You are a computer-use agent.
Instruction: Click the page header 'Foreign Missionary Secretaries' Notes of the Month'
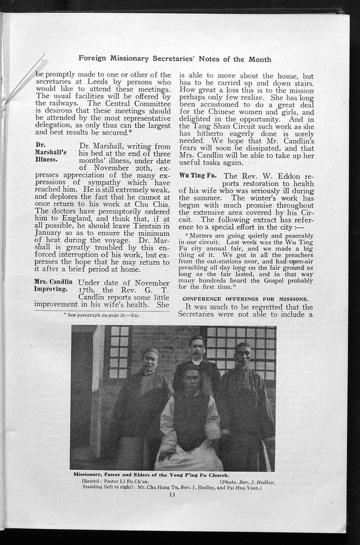(x=175, y=59)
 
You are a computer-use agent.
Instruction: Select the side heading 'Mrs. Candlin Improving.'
(x=53, y=285)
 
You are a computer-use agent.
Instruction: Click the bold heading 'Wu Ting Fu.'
(x=198, y=175)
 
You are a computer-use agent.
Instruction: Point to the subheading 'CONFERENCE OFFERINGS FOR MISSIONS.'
(x=245, y=299)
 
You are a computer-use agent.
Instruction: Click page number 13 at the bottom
(x=172, y=495)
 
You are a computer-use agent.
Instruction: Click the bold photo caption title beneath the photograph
(x=151, y=475)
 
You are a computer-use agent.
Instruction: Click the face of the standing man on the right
(x=243, y=355)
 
